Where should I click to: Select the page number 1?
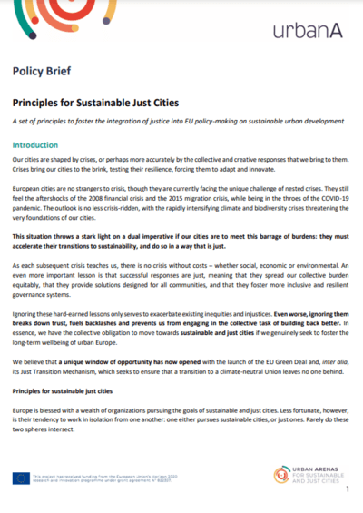[x=347, y=489]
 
